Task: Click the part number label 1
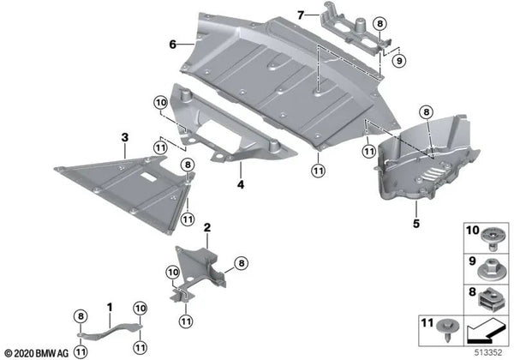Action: tap(109, 306)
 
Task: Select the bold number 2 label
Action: tap(207, 227)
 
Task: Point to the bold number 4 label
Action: tap(240, 183)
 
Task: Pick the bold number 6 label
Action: tap(171, 44)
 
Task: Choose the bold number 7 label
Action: tap(300, 15)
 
